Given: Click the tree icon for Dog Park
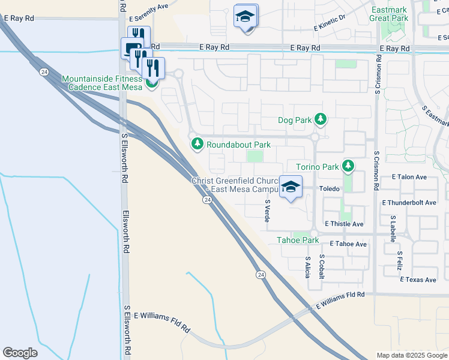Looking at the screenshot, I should (x=321, y=119).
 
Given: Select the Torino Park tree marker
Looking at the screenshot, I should (x=348, y=166).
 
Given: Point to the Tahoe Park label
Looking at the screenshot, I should (x=297, y=240).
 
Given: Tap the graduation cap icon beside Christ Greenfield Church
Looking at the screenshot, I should (x=291, y=187).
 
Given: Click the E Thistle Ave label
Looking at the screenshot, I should (x=344, y=224).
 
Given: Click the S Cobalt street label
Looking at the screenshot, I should (x=322, y=264).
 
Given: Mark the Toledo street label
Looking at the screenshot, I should (x=329, y=188).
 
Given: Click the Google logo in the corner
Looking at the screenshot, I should (x=20, y=353).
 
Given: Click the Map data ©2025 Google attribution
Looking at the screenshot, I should (x=412, y=355).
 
